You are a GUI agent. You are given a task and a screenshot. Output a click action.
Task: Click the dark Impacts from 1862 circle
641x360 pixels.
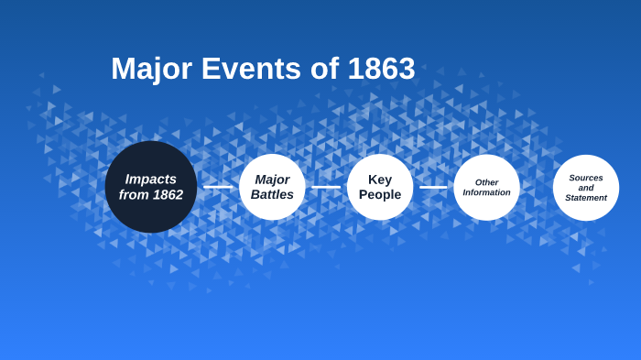151,187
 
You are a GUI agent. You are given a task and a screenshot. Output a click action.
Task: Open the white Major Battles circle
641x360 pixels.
272,187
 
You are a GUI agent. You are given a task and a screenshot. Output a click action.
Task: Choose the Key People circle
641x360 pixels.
380,187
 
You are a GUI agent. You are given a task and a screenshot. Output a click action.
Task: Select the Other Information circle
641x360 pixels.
486,187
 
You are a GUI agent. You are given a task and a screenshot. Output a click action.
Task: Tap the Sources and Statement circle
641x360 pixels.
586,187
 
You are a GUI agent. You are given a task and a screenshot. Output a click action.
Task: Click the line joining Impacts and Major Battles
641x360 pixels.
218,187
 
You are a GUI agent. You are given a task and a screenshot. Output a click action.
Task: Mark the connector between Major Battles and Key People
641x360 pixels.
326,187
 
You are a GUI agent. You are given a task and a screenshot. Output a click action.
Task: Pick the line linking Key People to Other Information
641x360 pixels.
433,187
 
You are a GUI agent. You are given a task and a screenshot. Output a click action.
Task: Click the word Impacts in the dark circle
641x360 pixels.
151,179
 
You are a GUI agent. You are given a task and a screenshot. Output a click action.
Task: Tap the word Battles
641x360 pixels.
272,195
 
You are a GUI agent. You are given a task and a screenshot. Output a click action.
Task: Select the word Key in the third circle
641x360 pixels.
380,180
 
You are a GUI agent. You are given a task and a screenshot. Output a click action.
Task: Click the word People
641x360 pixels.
380,195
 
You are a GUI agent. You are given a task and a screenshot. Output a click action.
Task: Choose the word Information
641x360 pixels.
486,192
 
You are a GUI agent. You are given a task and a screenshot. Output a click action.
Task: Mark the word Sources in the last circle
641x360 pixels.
586,178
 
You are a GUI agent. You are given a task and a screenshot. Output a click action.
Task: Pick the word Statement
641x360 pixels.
586,198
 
